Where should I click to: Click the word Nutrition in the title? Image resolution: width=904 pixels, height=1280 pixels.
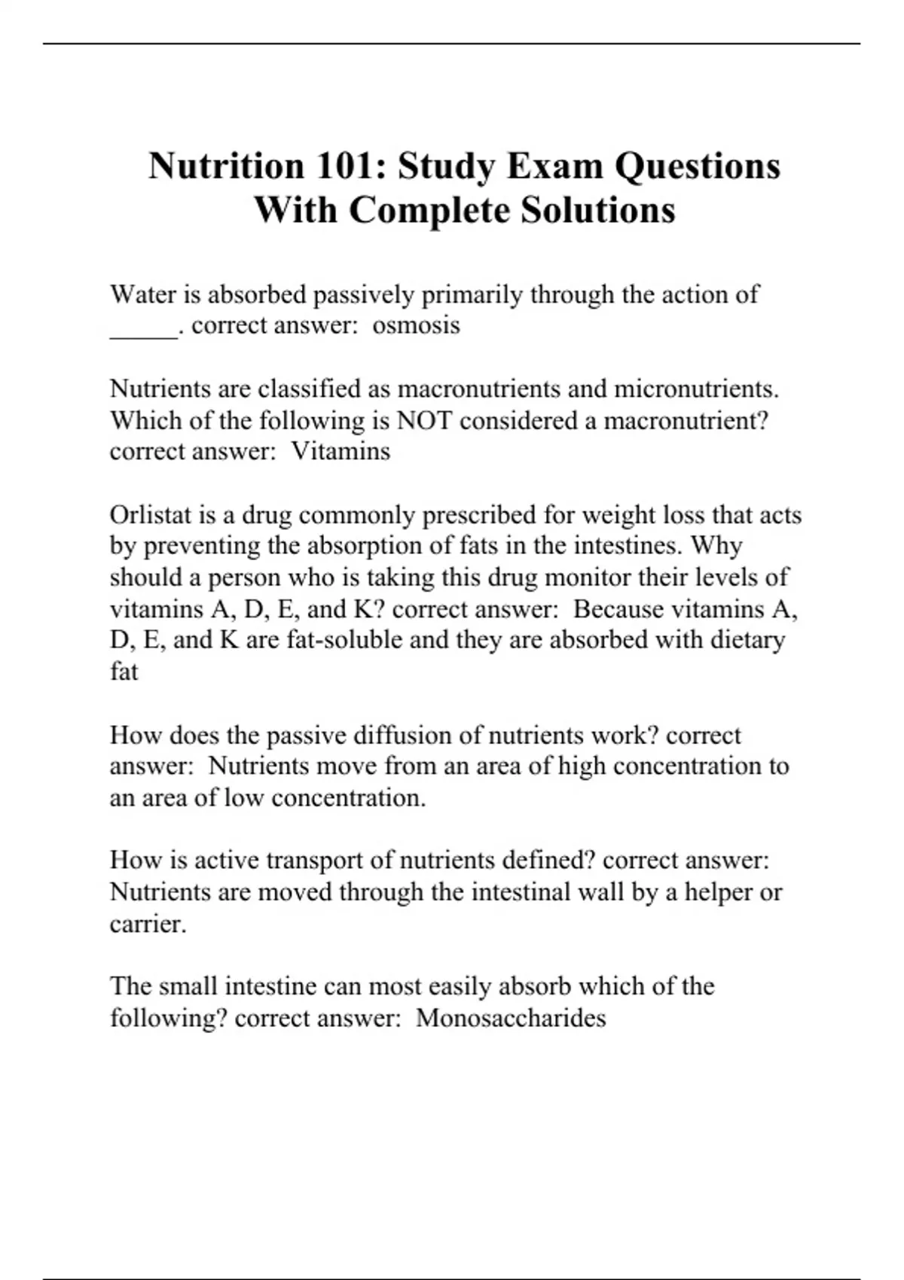(x=225, y=166)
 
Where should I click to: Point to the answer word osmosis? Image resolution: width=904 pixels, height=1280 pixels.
(x=416, y=325)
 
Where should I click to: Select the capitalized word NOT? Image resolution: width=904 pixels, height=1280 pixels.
(x=424, y=420)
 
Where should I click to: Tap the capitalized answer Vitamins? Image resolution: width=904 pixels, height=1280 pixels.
(x=341, y=451)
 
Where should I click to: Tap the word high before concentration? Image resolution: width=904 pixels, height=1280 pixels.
(x=582, y=766)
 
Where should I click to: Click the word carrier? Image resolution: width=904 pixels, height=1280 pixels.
(x=147, y=924)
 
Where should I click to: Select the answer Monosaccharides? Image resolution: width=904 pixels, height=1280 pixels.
(x=511, y=1018)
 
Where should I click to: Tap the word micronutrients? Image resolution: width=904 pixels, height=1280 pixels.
(x=696, y=389)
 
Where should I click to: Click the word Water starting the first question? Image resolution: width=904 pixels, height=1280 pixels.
(x=144, y=294)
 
